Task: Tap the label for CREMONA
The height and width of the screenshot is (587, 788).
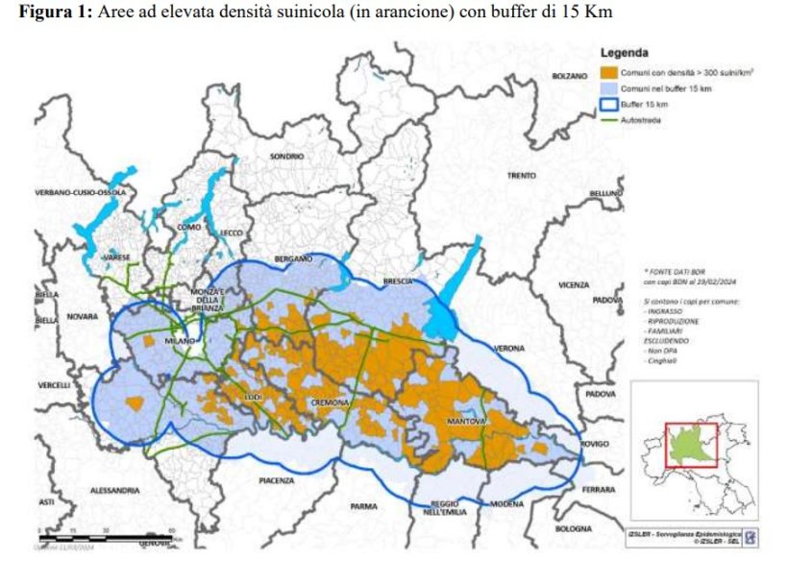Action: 329,403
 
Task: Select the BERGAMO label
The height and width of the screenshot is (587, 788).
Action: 293,259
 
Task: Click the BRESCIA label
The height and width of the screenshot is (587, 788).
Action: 396,281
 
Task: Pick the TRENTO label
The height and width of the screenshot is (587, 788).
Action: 522,176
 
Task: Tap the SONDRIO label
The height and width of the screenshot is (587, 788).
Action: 286,156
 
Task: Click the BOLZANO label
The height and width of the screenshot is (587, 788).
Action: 569,76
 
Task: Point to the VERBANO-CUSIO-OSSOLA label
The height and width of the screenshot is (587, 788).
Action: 81,193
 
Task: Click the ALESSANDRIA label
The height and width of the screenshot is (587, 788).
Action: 115,490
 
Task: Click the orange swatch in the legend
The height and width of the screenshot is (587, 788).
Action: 609,71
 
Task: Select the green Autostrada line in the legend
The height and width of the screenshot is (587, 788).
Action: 609,120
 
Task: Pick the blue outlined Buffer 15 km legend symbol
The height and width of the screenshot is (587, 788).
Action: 609,104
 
